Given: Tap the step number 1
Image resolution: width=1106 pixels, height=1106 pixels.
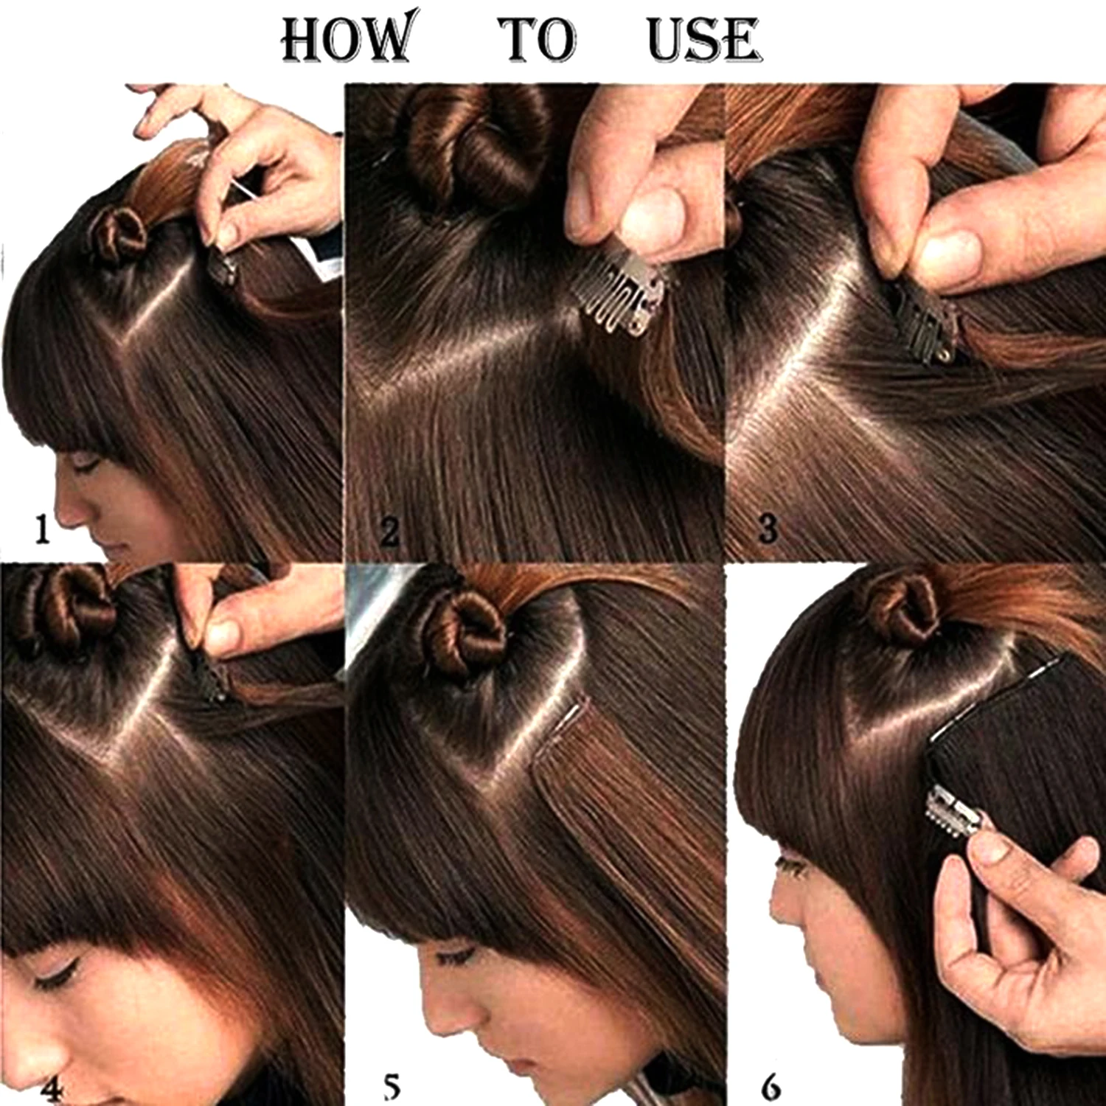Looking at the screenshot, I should [42, 529].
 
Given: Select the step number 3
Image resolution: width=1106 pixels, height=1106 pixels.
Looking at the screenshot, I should [768, 529].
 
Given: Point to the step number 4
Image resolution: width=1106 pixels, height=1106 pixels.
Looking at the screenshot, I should [52, 1088].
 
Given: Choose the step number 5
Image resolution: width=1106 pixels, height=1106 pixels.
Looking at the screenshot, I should [392, 1087].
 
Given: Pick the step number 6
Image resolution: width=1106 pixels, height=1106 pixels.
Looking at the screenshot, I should [771, 1087].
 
